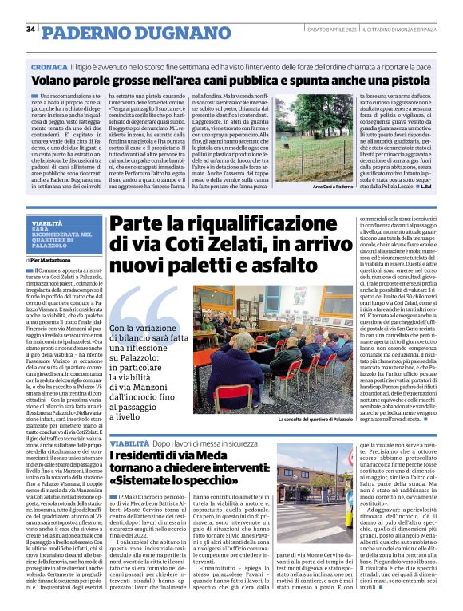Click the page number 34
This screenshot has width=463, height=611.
pos(30,30)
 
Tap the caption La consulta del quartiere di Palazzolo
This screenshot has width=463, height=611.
pos(315,418)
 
